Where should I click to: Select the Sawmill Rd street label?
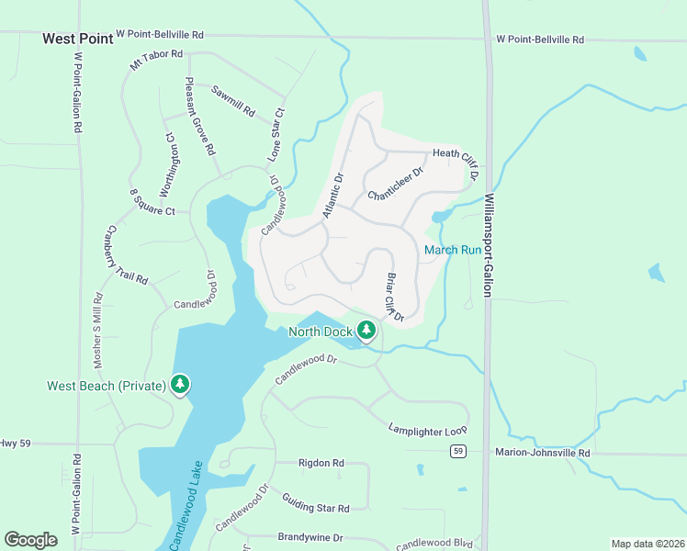pos(232,101)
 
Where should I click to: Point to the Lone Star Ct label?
pos(276,136)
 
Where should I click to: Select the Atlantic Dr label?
pos(333,197)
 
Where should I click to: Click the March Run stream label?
pos(452,250)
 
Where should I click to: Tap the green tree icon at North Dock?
pos(367,330)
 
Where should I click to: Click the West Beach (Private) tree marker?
pos(180,385)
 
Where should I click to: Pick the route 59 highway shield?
pos(456,451)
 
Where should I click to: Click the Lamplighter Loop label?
pos(427,429)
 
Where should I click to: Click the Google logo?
pos(31,540)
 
